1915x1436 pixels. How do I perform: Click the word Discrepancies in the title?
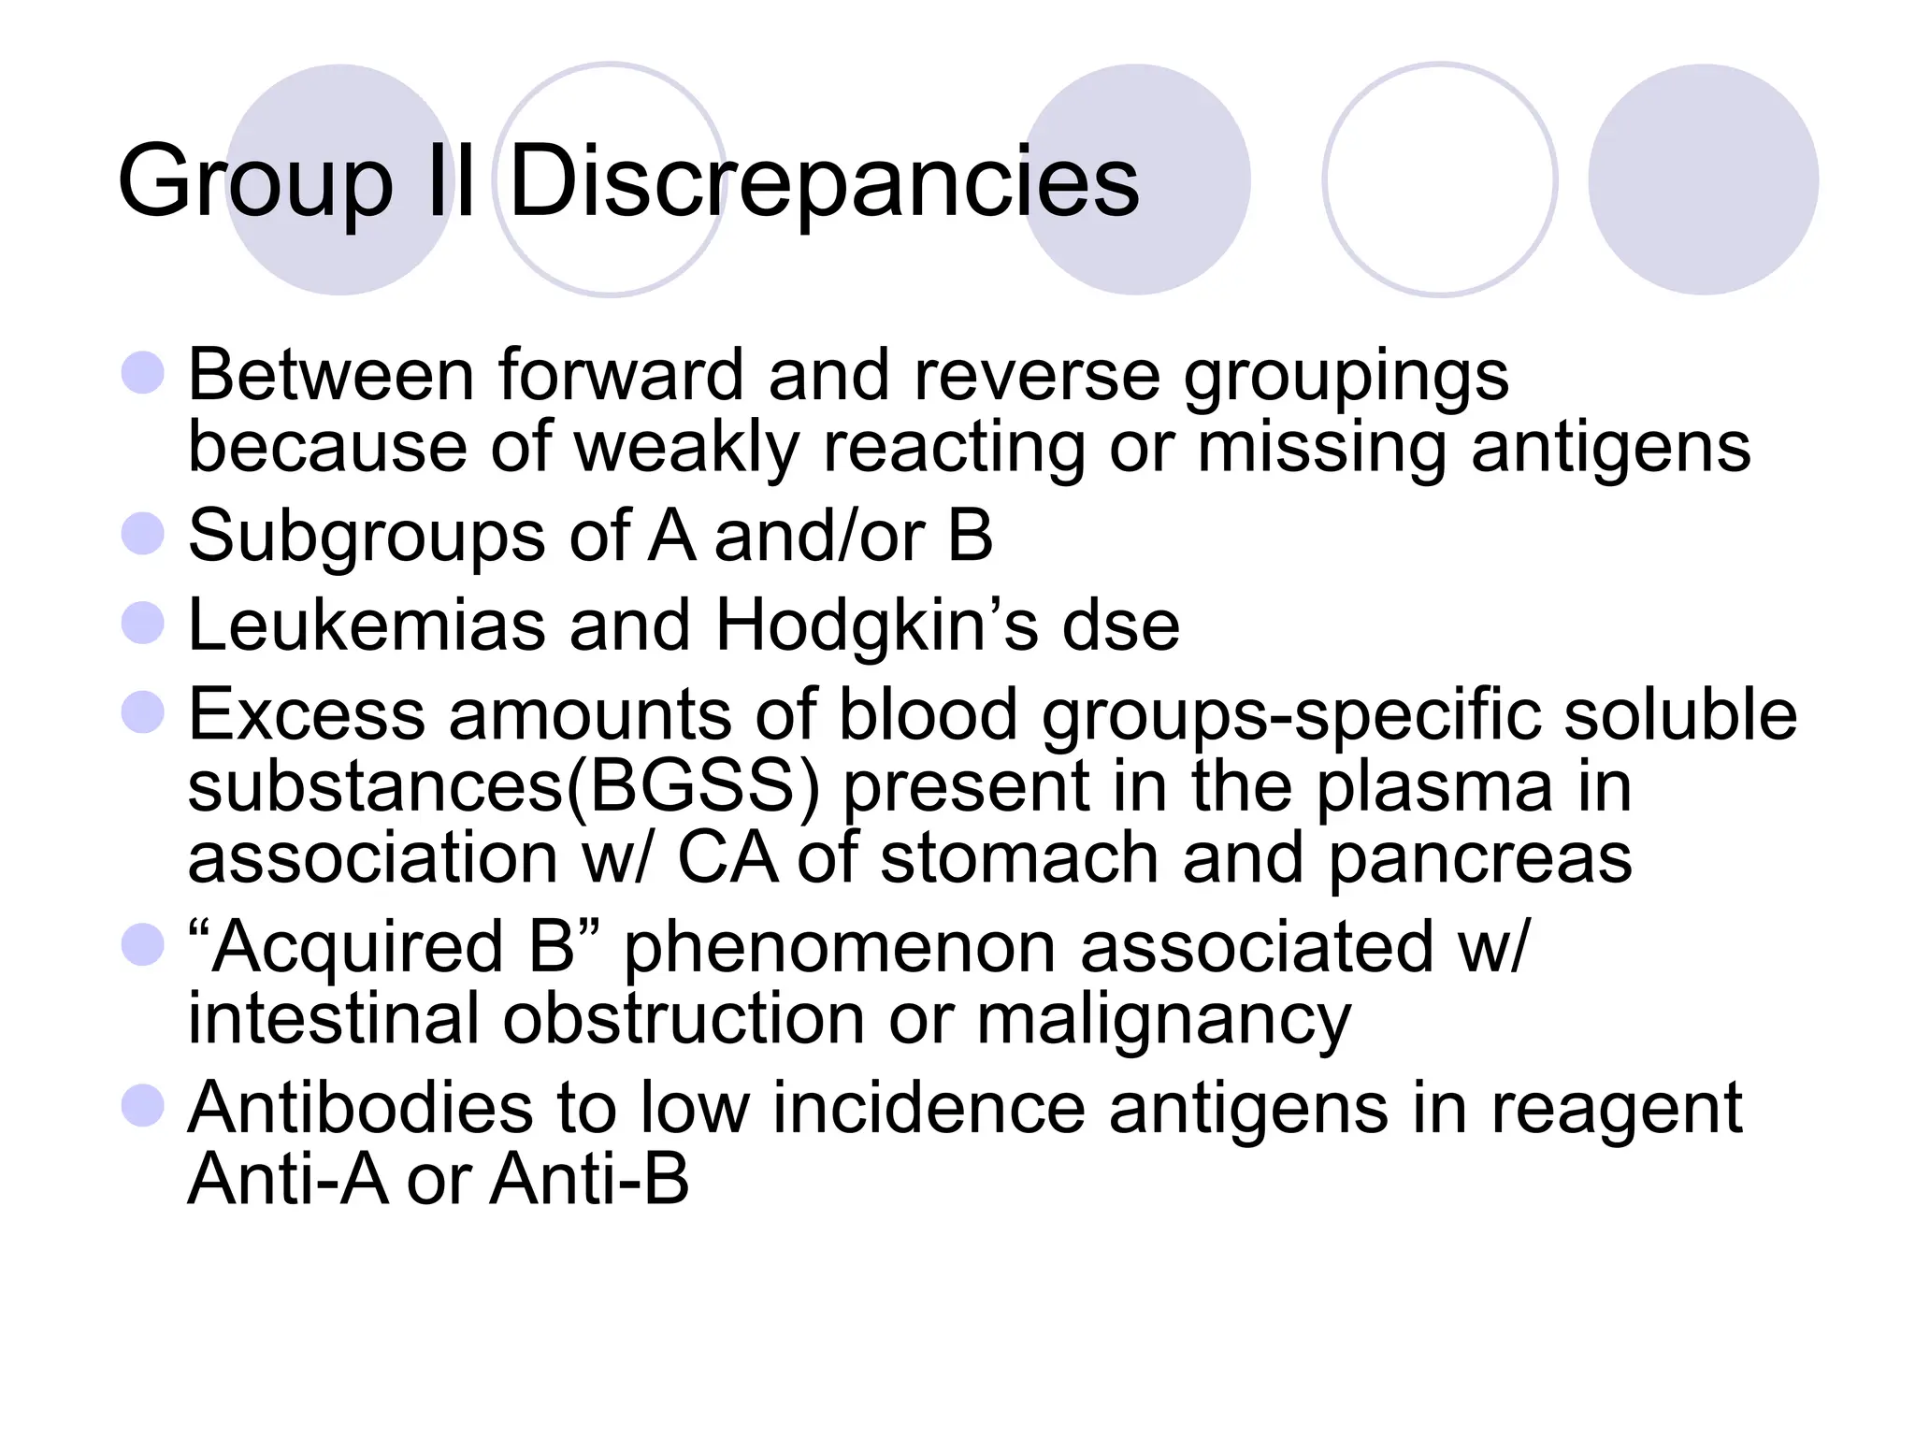coord(824,181)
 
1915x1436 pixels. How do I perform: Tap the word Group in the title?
coord(254,181)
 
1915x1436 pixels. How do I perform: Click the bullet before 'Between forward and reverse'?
coord(143,373)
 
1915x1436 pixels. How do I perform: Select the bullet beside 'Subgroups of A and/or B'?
coord(143,534)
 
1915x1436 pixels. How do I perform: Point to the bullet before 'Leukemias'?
coord(143,623)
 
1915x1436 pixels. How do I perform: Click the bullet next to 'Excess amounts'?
coord(143,711)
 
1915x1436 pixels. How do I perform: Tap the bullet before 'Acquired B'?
coord(143,944)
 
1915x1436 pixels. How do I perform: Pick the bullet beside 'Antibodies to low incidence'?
coord(143,1105)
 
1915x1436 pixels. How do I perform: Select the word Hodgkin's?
coord(876,625)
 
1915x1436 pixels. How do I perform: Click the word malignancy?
coord(1163,1019)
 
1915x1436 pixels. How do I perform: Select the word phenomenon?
coord(840,946)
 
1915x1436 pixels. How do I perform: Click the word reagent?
coord(1616,1109)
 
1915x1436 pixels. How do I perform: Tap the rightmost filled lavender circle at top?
coord(1703,179)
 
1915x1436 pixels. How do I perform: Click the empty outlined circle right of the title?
coord(1440,179)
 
